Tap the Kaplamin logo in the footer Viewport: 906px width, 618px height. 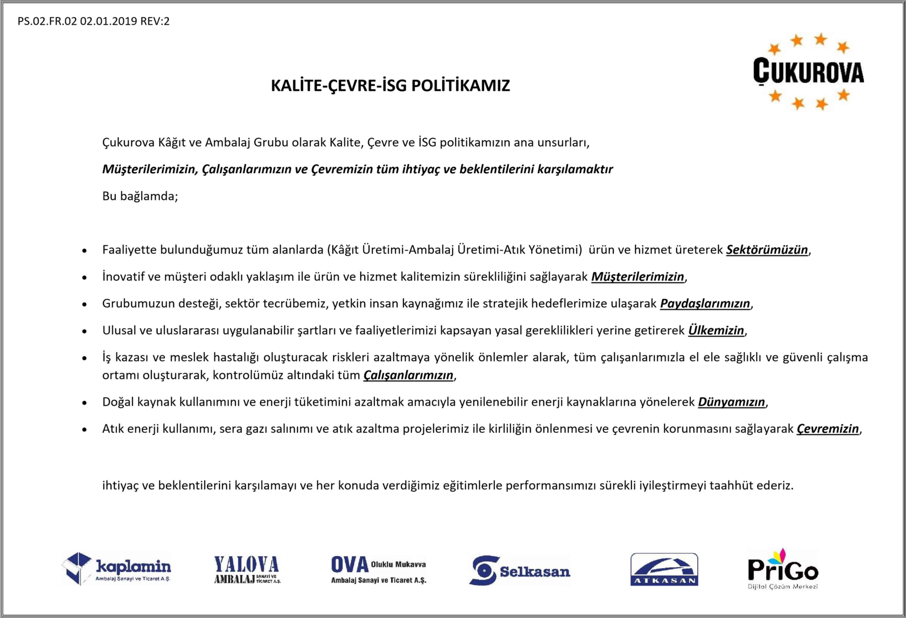tap(116, 569)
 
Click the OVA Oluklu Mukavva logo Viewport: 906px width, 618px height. tap(378, 569)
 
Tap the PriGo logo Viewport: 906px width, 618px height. tap(783, 569)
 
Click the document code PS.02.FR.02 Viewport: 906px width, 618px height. tap(47, 21)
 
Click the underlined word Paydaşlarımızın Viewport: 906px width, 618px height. tap(705, 304)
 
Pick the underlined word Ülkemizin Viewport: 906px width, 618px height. tap(716, 330)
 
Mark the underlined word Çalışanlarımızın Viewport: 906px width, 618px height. tap(408, 375)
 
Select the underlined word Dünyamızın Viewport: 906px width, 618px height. tap(731, 402)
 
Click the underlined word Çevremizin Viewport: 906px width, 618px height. tap(828, 429)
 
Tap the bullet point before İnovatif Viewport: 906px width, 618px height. tap(84, 277)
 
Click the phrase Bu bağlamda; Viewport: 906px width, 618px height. tap(140, 196)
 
